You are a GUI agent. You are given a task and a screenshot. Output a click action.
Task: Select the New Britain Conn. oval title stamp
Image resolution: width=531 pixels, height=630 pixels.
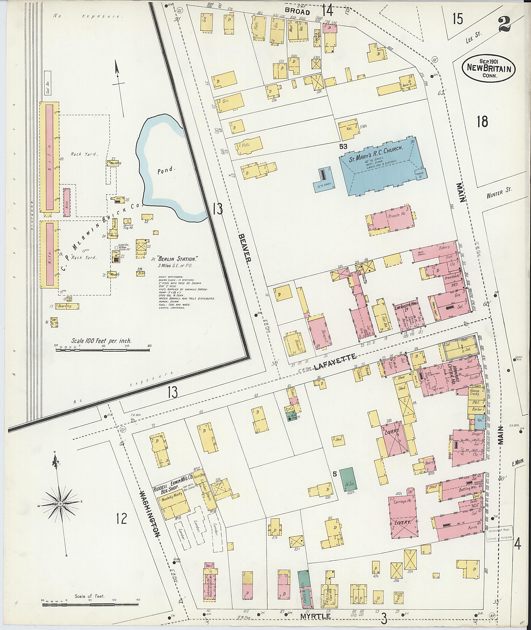click(x=488, y=69)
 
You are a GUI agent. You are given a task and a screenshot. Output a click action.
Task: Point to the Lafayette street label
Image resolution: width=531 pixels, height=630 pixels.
click(x=335, y=362)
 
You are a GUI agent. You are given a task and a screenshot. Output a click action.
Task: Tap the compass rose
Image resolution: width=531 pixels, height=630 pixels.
click(x=60, y=504)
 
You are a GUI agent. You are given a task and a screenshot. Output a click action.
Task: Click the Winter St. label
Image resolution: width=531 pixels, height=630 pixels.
click(x=499, y=193)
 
